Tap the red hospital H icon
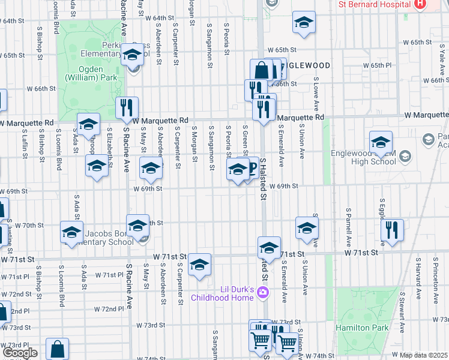click(420, 4)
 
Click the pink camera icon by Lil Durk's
click(262, 293)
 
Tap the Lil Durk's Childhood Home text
click(222, 292)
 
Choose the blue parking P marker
click(250, 169)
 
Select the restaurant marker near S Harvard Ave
click(392, 230)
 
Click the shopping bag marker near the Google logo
click(58, 349)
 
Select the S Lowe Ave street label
click(316, 94)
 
